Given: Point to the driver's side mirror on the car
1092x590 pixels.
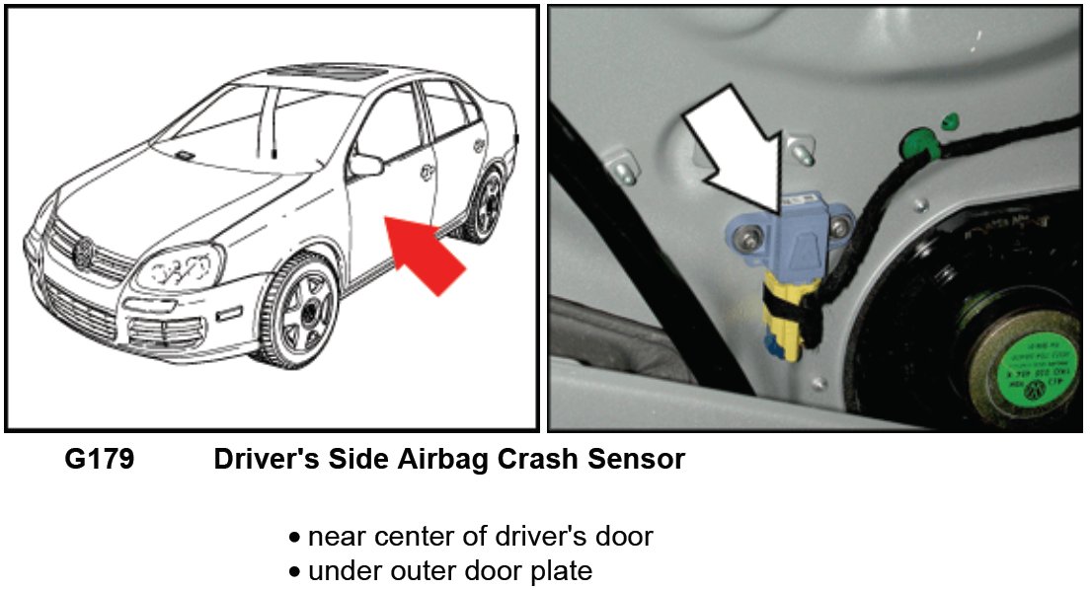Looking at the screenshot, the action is coord(365,165).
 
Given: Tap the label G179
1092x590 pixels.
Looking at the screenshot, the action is coord(99,459).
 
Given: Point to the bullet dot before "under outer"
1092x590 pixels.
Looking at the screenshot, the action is coord(294,571).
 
